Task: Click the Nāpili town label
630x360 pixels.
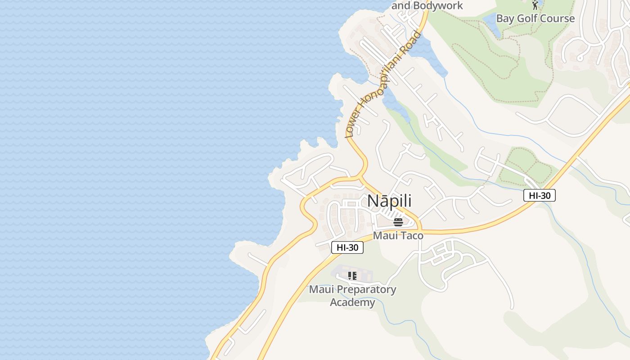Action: [389, 201]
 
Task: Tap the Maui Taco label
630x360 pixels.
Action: [398, 235]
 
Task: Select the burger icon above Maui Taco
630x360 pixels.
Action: [398, 222]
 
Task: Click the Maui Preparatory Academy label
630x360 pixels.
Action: [352, 296]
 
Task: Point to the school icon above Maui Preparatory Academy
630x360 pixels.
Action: [352, 276]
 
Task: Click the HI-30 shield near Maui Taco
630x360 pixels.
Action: [347, 247]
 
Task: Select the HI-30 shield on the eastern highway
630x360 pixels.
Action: [540, 195]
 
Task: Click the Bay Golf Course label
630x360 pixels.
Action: [535, 18]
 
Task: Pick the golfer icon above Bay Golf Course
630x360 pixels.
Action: [535, 5]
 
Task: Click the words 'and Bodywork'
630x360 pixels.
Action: [427, 5]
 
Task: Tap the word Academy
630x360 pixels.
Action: [352, 302]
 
